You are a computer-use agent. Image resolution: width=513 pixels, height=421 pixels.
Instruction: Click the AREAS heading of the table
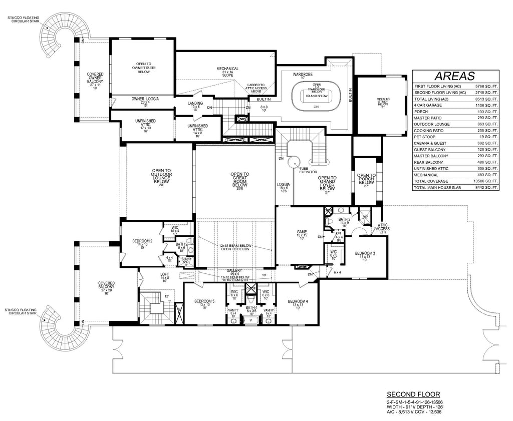454,76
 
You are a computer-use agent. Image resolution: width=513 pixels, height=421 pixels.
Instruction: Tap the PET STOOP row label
425,137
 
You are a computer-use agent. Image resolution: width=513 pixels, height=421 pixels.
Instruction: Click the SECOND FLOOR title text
413,394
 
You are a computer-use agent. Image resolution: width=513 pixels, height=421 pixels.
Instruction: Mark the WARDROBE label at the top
303,74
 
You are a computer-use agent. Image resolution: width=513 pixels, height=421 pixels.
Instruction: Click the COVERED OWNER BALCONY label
95,80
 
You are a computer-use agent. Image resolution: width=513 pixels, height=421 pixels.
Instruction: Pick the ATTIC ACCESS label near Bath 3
383,228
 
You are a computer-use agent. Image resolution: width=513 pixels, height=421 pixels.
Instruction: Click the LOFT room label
165,275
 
